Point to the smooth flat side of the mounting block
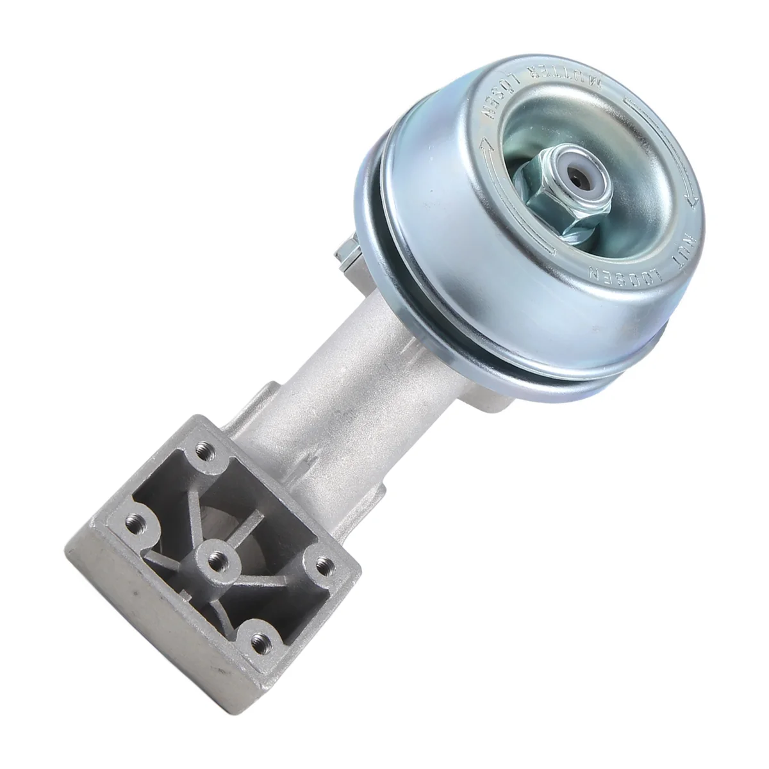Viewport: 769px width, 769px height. (141, 615)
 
